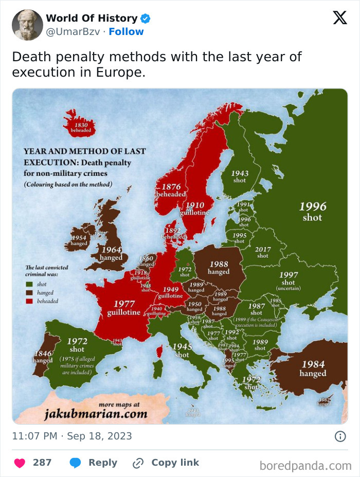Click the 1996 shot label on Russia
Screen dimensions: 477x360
click(x=313, y=211)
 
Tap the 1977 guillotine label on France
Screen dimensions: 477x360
click(x=124, y=308)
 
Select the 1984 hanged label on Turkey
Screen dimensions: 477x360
click(x=313, y=368)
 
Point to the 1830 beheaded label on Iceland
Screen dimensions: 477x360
click(x=81, y=128)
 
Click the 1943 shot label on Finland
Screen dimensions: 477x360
click(x=239, y=177)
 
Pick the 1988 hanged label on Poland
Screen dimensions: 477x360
click(x=219, y=268)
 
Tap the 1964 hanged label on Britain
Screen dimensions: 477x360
click(x=111, y=254)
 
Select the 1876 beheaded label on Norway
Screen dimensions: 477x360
click(x=171, y=190)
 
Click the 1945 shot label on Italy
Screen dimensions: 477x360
click(x=182, y=350)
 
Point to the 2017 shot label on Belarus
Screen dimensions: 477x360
click(x=263, y=252)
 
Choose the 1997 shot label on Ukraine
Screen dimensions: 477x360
click(x=289, y=279)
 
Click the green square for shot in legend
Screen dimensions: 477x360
click(x=29, y=284)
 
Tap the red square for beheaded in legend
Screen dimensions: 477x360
click(x=29, y=301)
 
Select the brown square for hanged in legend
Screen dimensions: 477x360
click(x=29, y=292)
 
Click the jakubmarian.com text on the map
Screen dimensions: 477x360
click(x=96, y=414)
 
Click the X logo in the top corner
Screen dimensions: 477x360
click(x=339, y=18)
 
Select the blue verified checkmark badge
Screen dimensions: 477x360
click(x=146, y=19)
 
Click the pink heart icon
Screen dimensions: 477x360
click(x=20, y=463)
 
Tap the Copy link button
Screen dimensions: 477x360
click(x=166, y=463)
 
